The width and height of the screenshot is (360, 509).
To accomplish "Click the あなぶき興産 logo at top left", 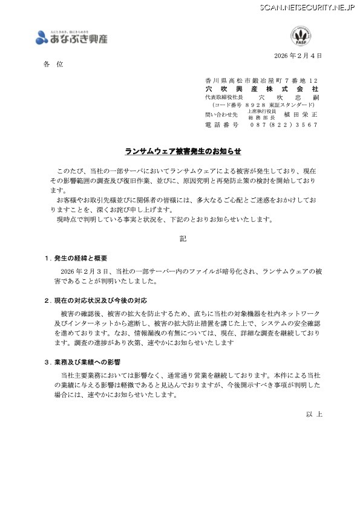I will click(71, 37).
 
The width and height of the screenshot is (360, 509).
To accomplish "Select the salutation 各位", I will click(53, 63).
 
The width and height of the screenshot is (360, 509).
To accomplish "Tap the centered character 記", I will click(183, 239).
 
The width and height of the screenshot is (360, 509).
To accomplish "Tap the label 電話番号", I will click(221, 125).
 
